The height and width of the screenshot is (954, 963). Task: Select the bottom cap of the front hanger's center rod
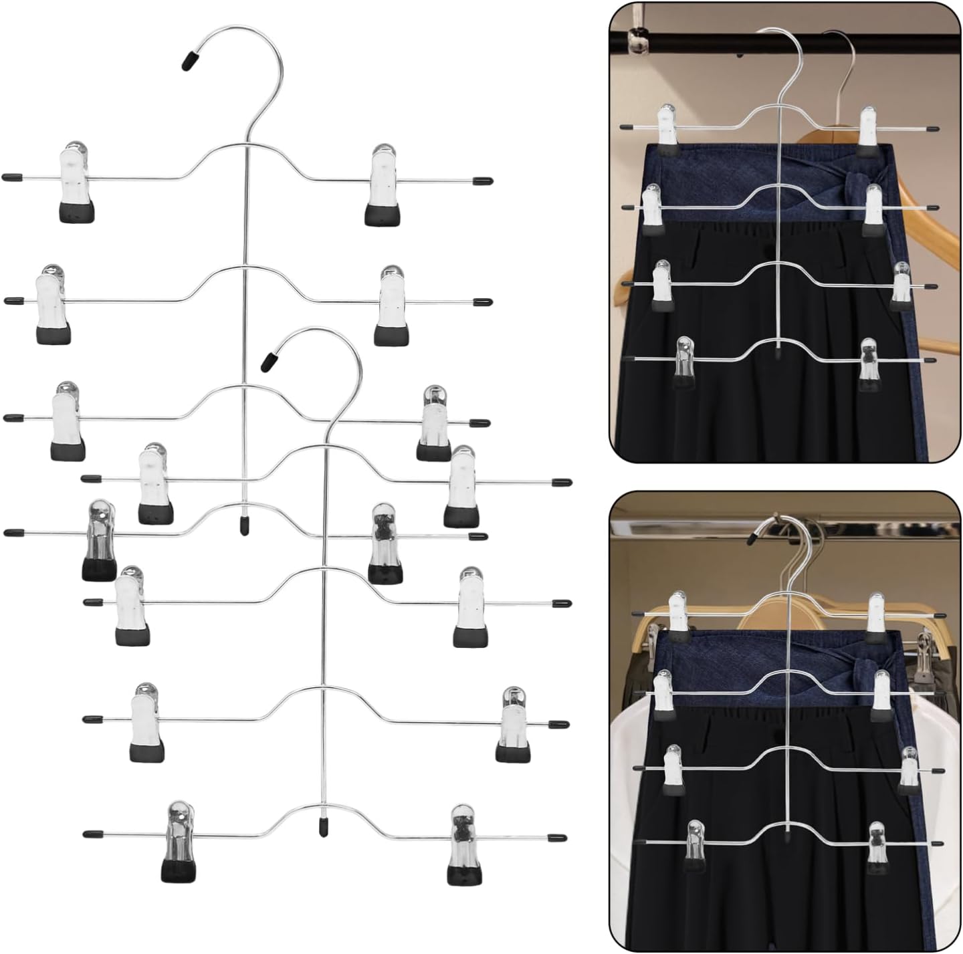324,826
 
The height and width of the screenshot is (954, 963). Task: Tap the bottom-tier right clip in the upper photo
868,364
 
